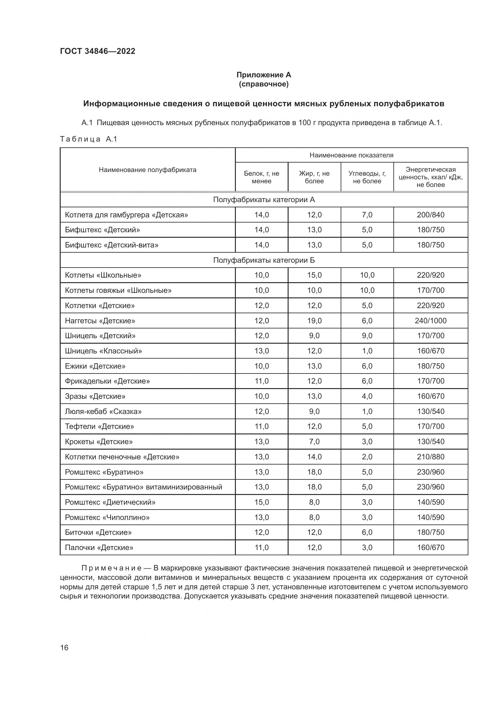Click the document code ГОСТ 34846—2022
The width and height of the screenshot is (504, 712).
pyautogui.click(x=98, y=51)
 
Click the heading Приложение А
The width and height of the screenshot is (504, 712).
pyautogui.click(x=264, y=75)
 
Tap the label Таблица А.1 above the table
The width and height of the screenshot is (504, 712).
pyautogui.click(x=88, y=139)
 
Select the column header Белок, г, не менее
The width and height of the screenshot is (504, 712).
pyautogui.click(x=261, y=177)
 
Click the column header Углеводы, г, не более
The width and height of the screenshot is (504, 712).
pyautogui.click(x=367, y=177)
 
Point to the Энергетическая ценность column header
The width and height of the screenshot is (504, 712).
pyautogui.click(x=431, y=177)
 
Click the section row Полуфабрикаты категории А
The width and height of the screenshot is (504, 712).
pyautogui.click(x=264, y=200)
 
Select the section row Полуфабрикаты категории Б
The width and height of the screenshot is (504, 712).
pyautogui.click(x=264, y=260)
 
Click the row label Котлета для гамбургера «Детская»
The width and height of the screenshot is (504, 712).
pyautogui.click(x=126, y=215)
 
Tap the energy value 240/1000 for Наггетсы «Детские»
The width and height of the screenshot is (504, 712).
pyautogui.click(x=431, y=321)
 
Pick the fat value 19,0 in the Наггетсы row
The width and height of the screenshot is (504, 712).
pyautogui.click(x=314, y=321)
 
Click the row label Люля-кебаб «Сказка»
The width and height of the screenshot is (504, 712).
pyautogui.click(x=103, y=412)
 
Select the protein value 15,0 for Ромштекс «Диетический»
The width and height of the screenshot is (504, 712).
pyautogui.click(x=262, y=502)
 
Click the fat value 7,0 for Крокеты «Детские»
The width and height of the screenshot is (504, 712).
pyautogui.click(x=314, y=442)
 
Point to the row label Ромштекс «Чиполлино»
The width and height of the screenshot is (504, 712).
pyautogui.click(x=107, y=517)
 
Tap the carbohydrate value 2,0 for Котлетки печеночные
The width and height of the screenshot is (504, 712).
pyautogui.click(x=367, y=457)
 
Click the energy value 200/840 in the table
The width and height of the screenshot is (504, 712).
pyautogui.click(x=431, y=215)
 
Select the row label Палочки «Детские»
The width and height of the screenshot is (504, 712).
pyautogui.click(x=99, y=547)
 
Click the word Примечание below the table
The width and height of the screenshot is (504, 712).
pyautogui.click(x=112, y=568)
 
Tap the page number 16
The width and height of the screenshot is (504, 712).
pyautogui.click(x=64, y=647)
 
